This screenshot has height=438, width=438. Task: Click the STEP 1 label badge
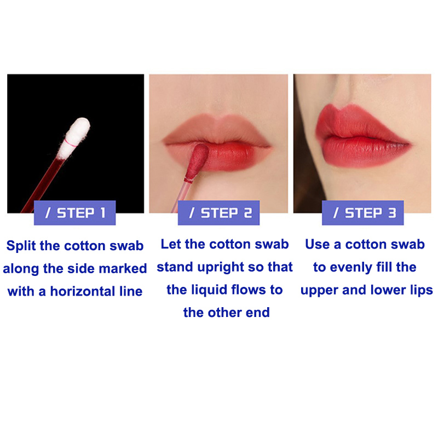coord(74,212)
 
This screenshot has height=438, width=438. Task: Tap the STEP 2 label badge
coord(218,212)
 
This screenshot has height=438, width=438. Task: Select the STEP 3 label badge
coord(363,212)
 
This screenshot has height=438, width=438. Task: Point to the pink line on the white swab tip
coord(71,143)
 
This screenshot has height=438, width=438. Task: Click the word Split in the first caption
coord(21,246)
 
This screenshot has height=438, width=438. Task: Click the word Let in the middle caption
coord(171,244)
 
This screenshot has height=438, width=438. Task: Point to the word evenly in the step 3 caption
coord(351,267)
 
